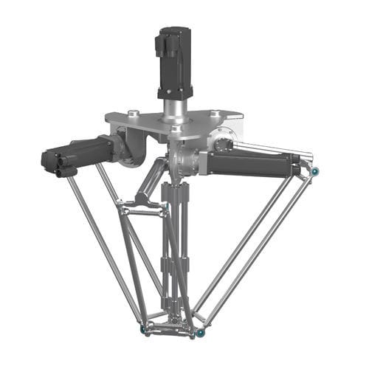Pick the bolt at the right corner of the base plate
214,113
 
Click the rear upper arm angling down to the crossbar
151,181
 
